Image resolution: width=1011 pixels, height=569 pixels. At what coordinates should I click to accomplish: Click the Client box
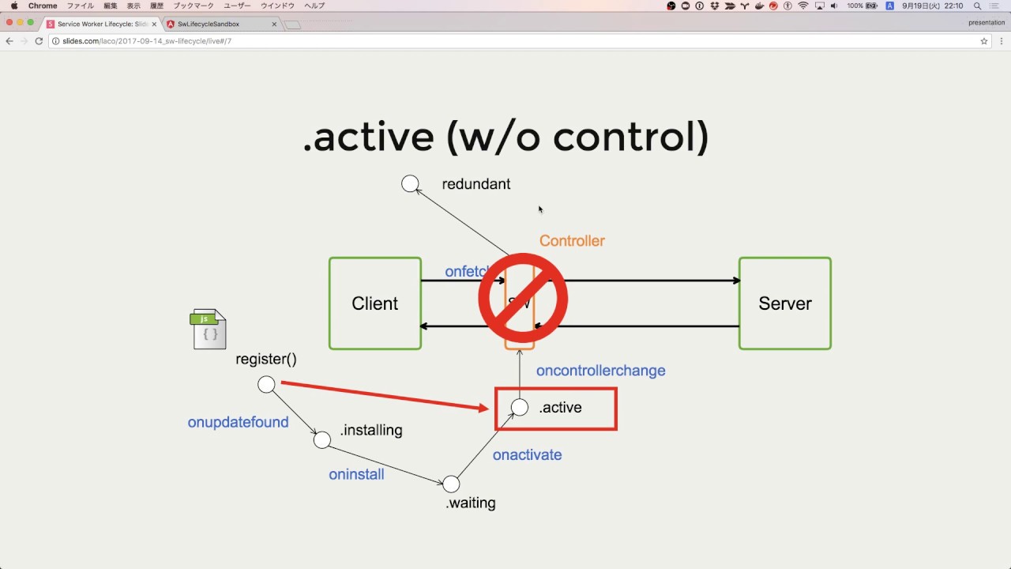coord(375,303)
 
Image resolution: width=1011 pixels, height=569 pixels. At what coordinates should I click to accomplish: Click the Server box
coord(784,303)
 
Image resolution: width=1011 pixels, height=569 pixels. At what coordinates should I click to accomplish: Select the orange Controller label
coord(572,241)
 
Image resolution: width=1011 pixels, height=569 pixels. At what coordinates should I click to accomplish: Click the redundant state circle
coord(410,184)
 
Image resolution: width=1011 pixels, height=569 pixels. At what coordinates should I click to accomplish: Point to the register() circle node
coord(267,385)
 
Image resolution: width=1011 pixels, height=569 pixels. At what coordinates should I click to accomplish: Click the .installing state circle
coord(322,440)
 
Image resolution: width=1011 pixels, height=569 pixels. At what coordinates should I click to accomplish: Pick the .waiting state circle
coord(451,484)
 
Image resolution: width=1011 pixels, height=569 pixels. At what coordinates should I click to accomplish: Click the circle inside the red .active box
coord(520,407)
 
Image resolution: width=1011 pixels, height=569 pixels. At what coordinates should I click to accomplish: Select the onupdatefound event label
coord(238,423)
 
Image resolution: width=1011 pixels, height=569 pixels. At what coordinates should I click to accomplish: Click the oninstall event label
coord(356,475)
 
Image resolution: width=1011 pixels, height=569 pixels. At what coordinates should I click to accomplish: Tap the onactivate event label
coord(527,455)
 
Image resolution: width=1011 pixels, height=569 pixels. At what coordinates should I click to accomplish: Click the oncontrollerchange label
coord(600,371)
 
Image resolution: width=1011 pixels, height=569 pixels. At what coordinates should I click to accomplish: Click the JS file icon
coord(208,330)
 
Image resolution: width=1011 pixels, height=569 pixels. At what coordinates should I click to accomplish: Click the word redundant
coord(475,184)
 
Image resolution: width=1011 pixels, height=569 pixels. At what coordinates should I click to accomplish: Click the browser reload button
coord(39,41)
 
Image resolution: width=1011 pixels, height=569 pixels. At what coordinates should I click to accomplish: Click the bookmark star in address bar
coord(983,41)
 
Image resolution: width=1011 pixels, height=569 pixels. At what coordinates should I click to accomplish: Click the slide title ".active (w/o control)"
coord(505,137)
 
